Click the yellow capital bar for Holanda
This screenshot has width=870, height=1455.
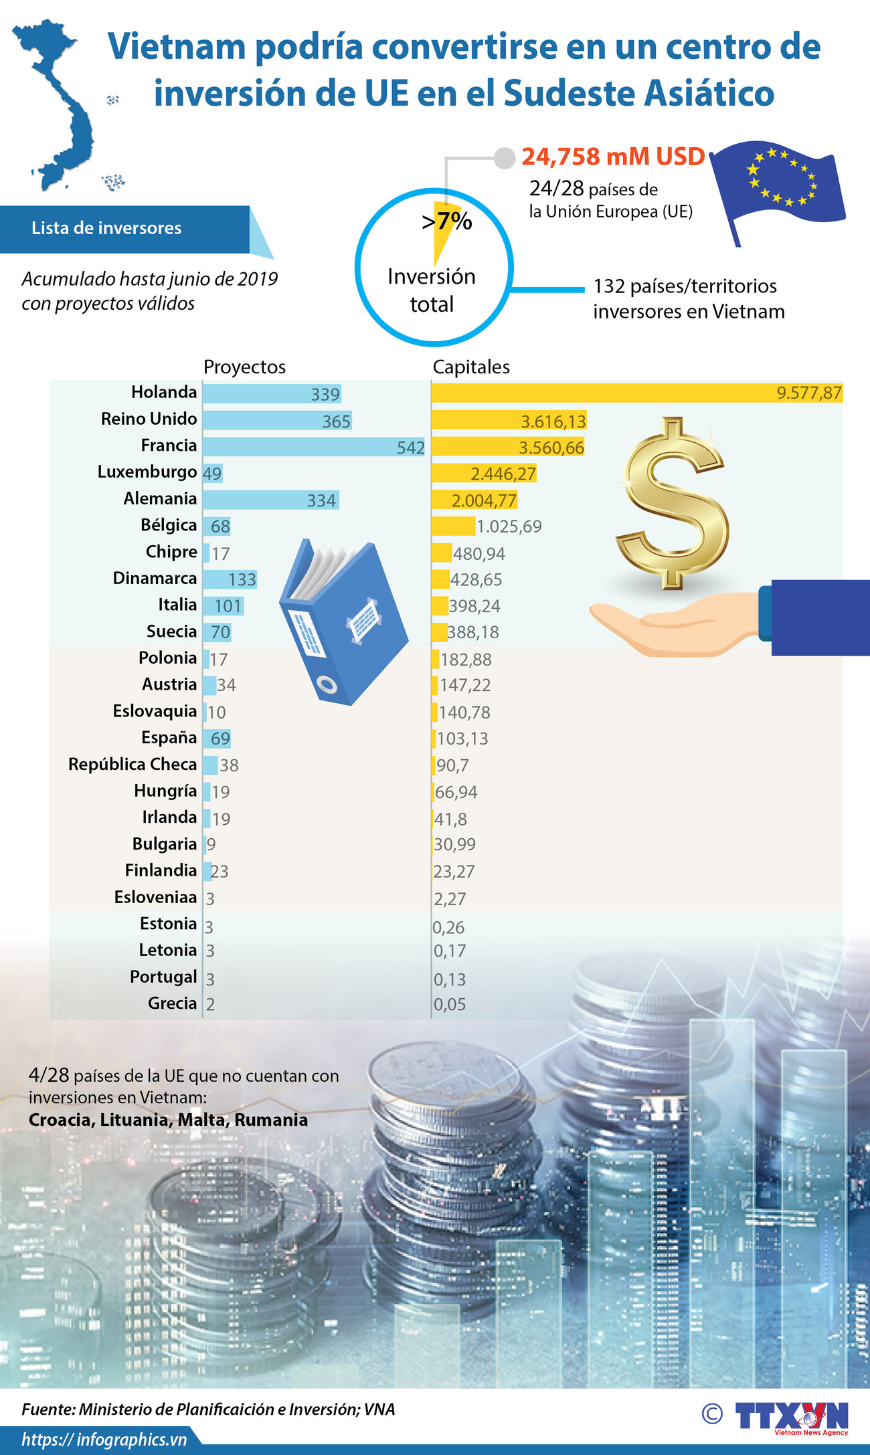[x=602, y=393]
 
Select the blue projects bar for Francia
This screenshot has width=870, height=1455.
[x=301, y=447]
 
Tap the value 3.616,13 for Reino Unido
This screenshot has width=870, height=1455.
[x=553, y=421]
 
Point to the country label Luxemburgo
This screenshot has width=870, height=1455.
[x=147, y=472]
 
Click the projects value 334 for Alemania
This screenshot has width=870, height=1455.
[x=321, y=500]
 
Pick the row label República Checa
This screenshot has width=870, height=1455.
[x=133, y=764]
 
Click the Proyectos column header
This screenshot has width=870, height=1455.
[x=244, y=367]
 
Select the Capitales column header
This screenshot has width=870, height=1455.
[x=471, y=367]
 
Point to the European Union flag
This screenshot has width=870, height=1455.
[x=776, y=184]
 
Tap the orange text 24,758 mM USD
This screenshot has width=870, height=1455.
[x=613, y=157]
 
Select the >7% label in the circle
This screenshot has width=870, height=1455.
[x=447, y=220]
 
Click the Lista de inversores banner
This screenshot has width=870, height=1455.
[x=107, y=228]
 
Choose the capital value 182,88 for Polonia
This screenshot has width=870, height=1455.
[x=466, y=660]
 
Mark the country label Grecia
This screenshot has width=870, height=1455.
[x=173, y=1003]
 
